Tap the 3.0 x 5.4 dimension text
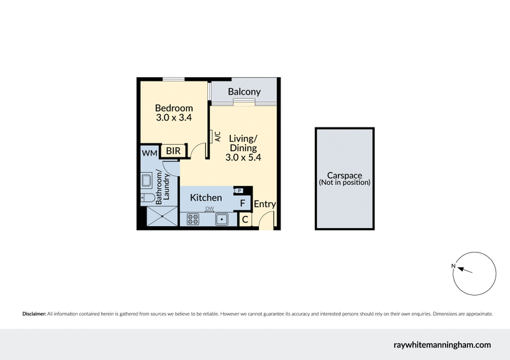244,157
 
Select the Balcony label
244,92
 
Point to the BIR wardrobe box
172,152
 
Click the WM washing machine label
149,153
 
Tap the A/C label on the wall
217,137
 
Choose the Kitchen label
206,198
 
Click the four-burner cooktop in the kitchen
193,220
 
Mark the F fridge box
242,204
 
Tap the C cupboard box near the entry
245,220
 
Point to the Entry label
265,205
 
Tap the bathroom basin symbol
146,181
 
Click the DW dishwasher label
208,209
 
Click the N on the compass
453,266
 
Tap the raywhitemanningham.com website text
441,345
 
